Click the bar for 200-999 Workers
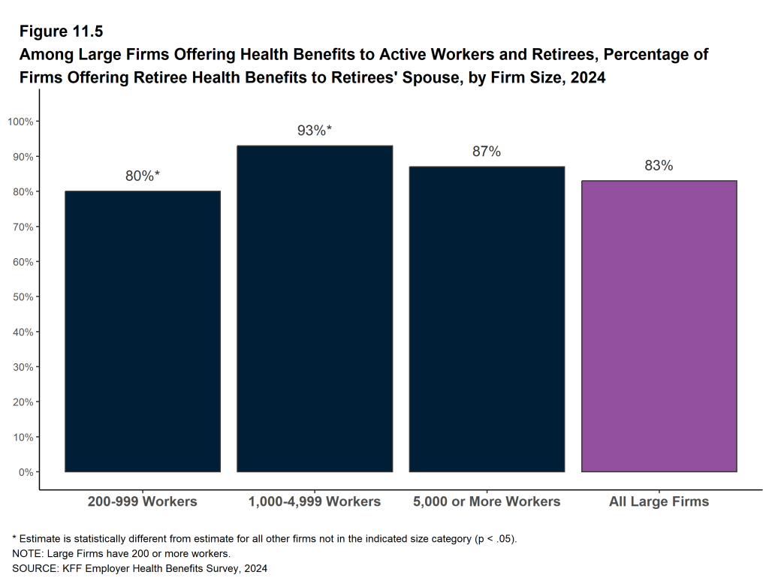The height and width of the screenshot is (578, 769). click(143, 331)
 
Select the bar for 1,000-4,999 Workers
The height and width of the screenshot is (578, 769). click(315, 309)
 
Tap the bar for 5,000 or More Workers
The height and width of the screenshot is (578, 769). click(487, 319)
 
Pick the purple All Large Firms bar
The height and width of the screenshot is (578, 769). click(659, 326)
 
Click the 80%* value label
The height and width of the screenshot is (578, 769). click(143, 176)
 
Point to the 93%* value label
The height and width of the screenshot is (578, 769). click(315, 131)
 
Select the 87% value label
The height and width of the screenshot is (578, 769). click(487, 152)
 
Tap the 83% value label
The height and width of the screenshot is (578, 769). click(659, 166)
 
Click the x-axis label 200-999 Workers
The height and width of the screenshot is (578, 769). click(143, 501)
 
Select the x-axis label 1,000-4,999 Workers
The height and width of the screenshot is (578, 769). click(315, 501)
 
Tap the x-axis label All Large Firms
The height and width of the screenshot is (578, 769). click(659, 501)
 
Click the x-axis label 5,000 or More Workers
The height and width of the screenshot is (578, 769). click(487, 501)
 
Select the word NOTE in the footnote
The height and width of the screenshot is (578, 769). click(26, 553)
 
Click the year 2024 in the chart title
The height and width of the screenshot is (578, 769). click(588, 78)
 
